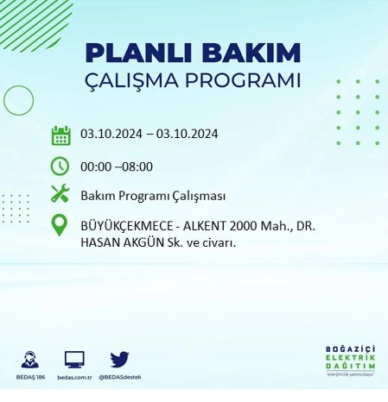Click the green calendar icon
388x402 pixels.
[60, 135]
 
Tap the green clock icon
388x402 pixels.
[60, 165]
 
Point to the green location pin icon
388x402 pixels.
[60, 226]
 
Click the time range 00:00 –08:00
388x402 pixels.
[116, 166]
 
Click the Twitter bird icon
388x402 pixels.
[119, 360]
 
